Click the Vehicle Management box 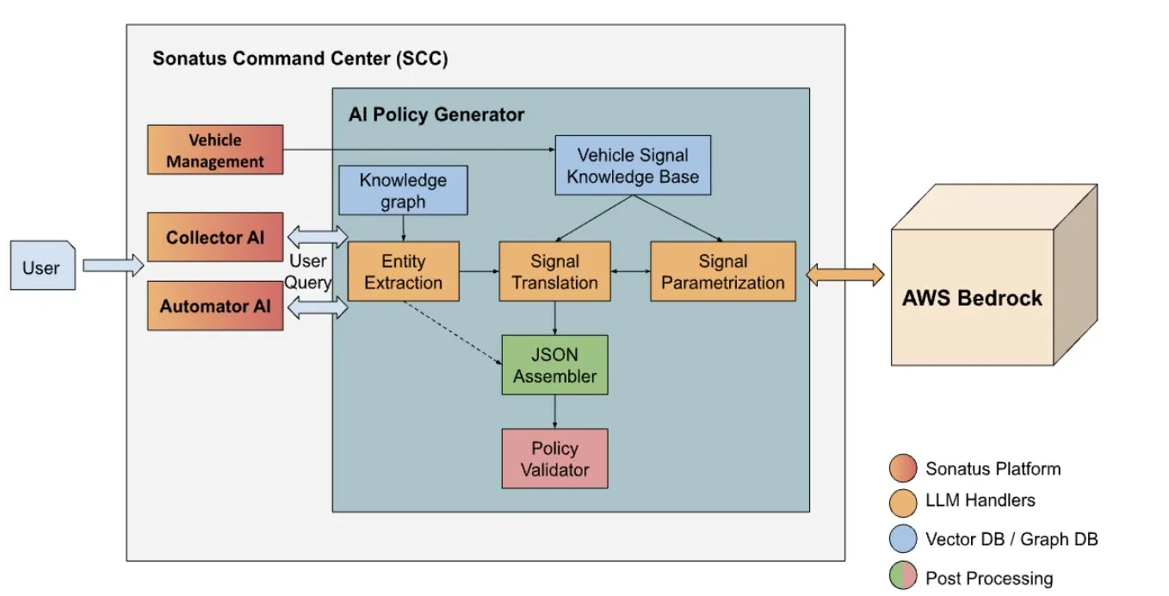point(215,150)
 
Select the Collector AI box point(215,237)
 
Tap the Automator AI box point(215,306)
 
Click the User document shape point(43,265)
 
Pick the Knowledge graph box point(403,190)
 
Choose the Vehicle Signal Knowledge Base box point(633,165)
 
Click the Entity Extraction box point(404,271)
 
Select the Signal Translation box point(554,271)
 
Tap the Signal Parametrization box point(723,271)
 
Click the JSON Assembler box point(554,365)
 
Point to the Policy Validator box point(554,459)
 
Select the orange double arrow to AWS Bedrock point(845,275)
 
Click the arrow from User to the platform point(114,265)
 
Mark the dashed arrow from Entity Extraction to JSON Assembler point(452,332)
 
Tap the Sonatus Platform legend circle point(903,468)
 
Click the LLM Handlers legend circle point(903,502)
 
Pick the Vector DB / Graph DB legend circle point(903,538)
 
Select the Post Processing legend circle point(903,575)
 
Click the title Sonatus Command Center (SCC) point(300,59)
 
